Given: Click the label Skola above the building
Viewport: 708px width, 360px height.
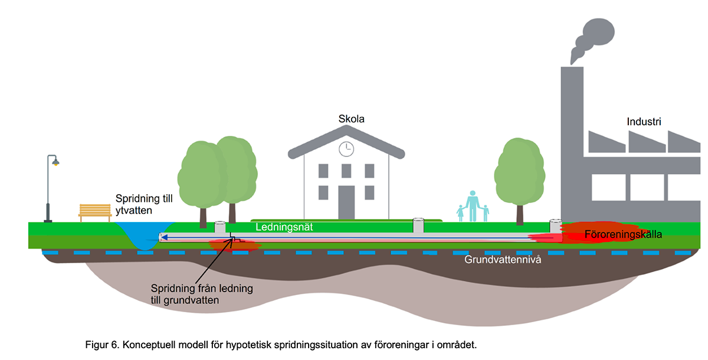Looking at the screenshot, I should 351,119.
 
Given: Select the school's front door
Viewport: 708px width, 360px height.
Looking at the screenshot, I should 346,202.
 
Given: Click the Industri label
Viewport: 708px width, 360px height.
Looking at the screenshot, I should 644,122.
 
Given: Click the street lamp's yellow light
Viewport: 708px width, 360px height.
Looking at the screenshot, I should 56,163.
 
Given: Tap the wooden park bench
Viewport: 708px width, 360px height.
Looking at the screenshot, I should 95,212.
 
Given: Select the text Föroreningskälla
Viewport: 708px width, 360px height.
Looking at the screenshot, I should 623,234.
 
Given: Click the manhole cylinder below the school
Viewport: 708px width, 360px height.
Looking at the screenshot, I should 418,225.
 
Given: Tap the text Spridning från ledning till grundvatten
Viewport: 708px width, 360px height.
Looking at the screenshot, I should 202,294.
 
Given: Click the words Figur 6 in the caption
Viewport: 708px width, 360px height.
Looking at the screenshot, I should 100,344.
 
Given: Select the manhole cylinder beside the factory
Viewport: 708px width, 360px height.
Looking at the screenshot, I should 556,225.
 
